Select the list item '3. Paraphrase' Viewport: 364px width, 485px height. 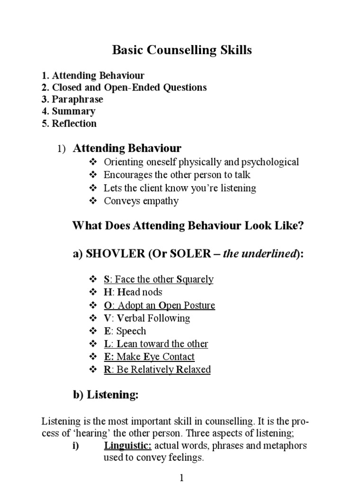(x=72, y=99)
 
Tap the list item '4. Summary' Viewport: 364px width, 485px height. (x=68, y=111)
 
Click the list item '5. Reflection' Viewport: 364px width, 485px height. (x=69, y=124)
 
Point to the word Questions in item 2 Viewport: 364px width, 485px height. (x=182, y=88)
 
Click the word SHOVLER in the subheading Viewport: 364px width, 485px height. (x=116, y=254)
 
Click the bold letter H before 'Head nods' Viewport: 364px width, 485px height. (x=107, y=292)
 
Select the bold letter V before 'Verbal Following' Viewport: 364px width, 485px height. (x=107, y=318)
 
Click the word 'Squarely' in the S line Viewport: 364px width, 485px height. (x=195, y=279)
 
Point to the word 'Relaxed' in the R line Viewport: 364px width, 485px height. (x=193, y=369)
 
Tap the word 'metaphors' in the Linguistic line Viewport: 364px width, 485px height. (x=286, y=446)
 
